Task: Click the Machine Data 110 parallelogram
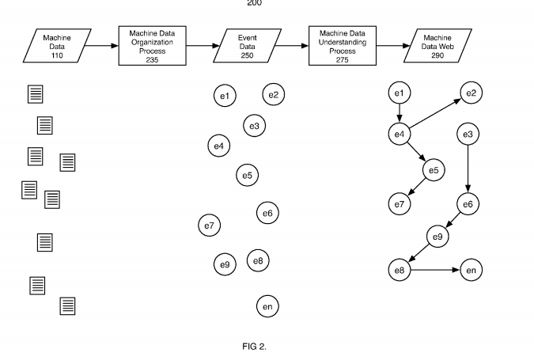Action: click(57, 46)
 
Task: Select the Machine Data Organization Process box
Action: click(152, 46)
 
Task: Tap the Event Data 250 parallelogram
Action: click(248, 46)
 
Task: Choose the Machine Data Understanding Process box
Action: click(343, 46)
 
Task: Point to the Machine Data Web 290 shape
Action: click(437, 46)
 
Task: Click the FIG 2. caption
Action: click(255, 347)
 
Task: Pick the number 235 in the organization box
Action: click(152, 59)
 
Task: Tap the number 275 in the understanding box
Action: click(343, 59)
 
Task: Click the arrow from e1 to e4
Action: click(400, 113)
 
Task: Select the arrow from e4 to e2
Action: click(435, 113)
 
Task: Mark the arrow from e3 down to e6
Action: click(468, 169)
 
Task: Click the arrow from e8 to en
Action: click(435, 270)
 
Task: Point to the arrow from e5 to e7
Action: click(416, 187)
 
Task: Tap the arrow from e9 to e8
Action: click(418, 252)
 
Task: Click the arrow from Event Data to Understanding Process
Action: click(291, 46)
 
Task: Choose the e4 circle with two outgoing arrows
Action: click(400, 134)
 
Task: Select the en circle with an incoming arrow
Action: click(472, 270)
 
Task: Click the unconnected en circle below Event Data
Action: click(267, 306)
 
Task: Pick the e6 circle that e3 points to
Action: click(468, 204)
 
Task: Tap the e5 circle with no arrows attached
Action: click(248, 175)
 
